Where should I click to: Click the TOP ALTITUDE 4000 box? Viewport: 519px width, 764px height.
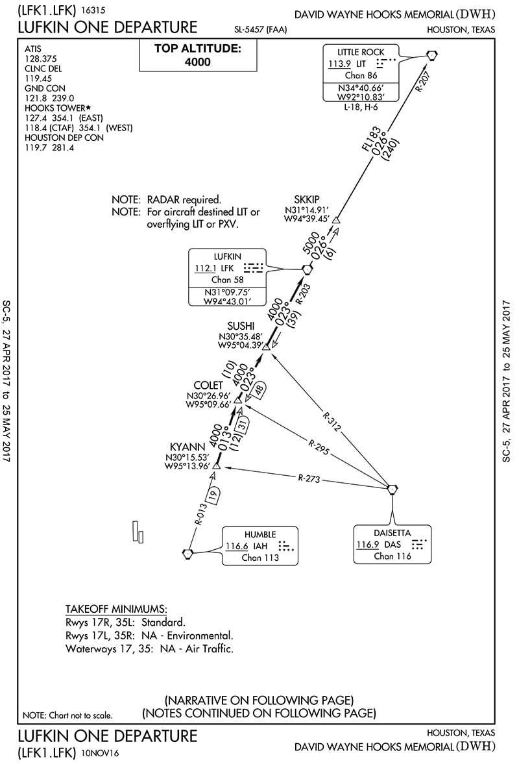point(188,55)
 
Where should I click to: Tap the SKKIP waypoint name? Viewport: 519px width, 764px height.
point(306,199)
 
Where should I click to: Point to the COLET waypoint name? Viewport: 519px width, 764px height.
point(209,385)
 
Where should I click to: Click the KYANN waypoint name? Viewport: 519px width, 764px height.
point(187,446)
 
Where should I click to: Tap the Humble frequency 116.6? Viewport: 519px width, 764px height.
point(237,545)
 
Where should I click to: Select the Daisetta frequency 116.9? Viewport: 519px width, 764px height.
point(367,545)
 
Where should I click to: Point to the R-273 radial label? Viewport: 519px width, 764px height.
point(310,479)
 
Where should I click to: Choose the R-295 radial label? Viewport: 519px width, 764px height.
point(317,448)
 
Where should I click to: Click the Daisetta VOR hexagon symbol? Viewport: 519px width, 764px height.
point(392,488)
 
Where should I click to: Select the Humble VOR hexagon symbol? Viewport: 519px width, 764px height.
point(188,553)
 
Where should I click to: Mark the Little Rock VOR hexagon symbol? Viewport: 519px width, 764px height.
point(432,56)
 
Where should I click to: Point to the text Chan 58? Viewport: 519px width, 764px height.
point(226,280)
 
